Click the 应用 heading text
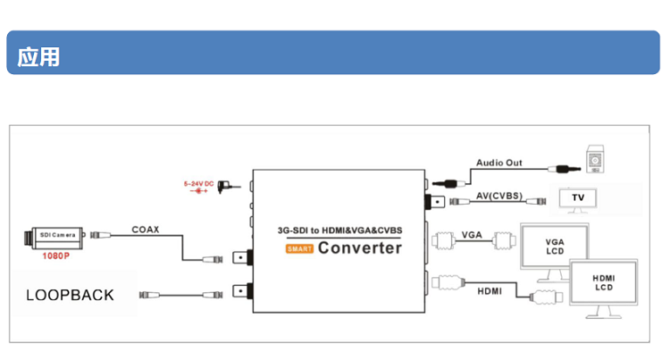[x=38, y=55]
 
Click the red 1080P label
[x=55, y=255]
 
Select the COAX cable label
[x=146, y=230]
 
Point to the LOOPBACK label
[x=70, y=295]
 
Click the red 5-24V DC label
[x=198, y=184]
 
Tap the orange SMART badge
[x=298, y=248]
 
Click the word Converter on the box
[x=360, y=247]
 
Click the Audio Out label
[x=499, y=163]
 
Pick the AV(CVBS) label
[x=498, y=196]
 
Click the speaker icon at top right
[x=595, y=159]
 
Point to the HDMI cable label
[x=489, y=291]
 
